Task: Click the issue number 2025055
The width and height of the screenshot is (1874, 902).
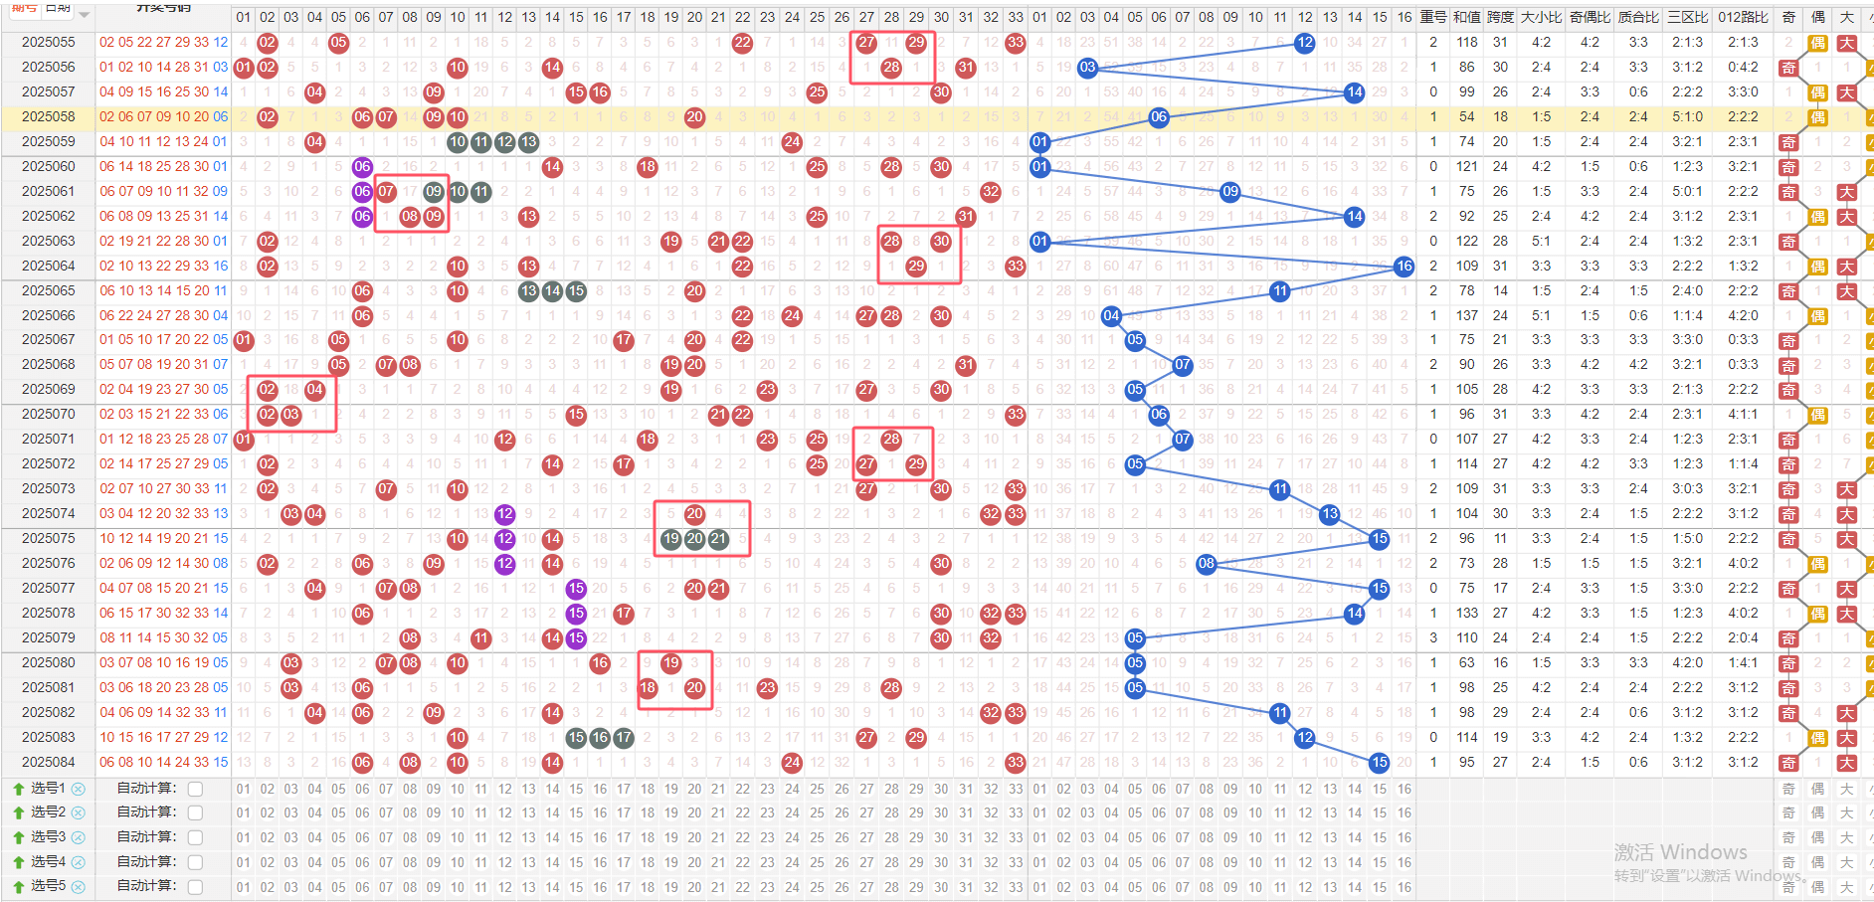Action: pos(48,43)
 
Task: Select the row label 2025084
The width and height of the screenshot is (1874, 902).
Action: pos(48,762)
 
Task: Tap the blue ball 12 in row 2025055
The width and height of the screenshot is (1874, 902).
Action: pos(1304,43)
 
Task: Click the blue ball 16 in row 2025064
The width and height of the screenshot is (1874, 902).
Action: pos(1404,266)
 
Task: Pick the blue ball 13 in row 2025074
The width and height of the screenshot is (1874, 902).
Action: pos(1329,514)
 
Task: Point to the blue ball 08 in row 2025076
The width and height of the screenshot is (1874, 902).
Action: pos(1206,564)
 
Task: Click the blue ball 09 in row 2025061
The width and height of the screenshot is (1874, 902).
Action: pos(1230,191)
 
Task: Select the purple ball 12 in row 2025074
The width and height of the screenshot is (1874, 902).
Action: pos(505,514)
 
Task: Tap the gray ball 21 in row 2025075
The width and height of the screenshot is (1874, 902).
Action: pos(718,539)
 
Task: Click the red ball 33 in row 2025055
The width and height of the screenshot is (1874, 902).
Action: pos(1015,43)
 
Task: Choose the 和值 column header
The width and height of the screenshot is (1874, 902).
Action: pos(1466,17)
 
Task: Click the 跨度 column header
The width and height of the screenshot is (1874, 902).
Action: pos(1500,17)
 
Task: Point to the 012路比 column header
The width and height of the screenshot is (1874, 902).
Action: pos(1743,17)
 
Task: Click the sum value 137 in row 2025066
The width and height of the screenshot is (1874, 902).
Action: pos(1466,315)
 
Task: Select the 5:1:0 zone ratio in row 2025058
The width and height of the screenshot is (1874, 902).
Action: pos(1686,117)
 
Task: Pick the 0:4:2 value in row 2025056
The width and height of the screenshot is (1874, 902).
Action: pos(1743,68)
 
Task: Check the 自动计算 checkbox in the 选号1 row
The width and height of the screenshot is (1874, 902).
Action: pos(196,789)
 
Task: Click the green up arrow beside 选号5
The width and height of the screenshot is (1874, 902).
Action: pos(18,886)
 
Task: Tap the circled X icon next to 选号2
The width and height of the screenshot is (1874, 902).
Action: pos(79,812)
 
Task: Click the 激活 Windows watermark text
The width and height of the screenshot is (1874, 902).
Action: pos(1680,852)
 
